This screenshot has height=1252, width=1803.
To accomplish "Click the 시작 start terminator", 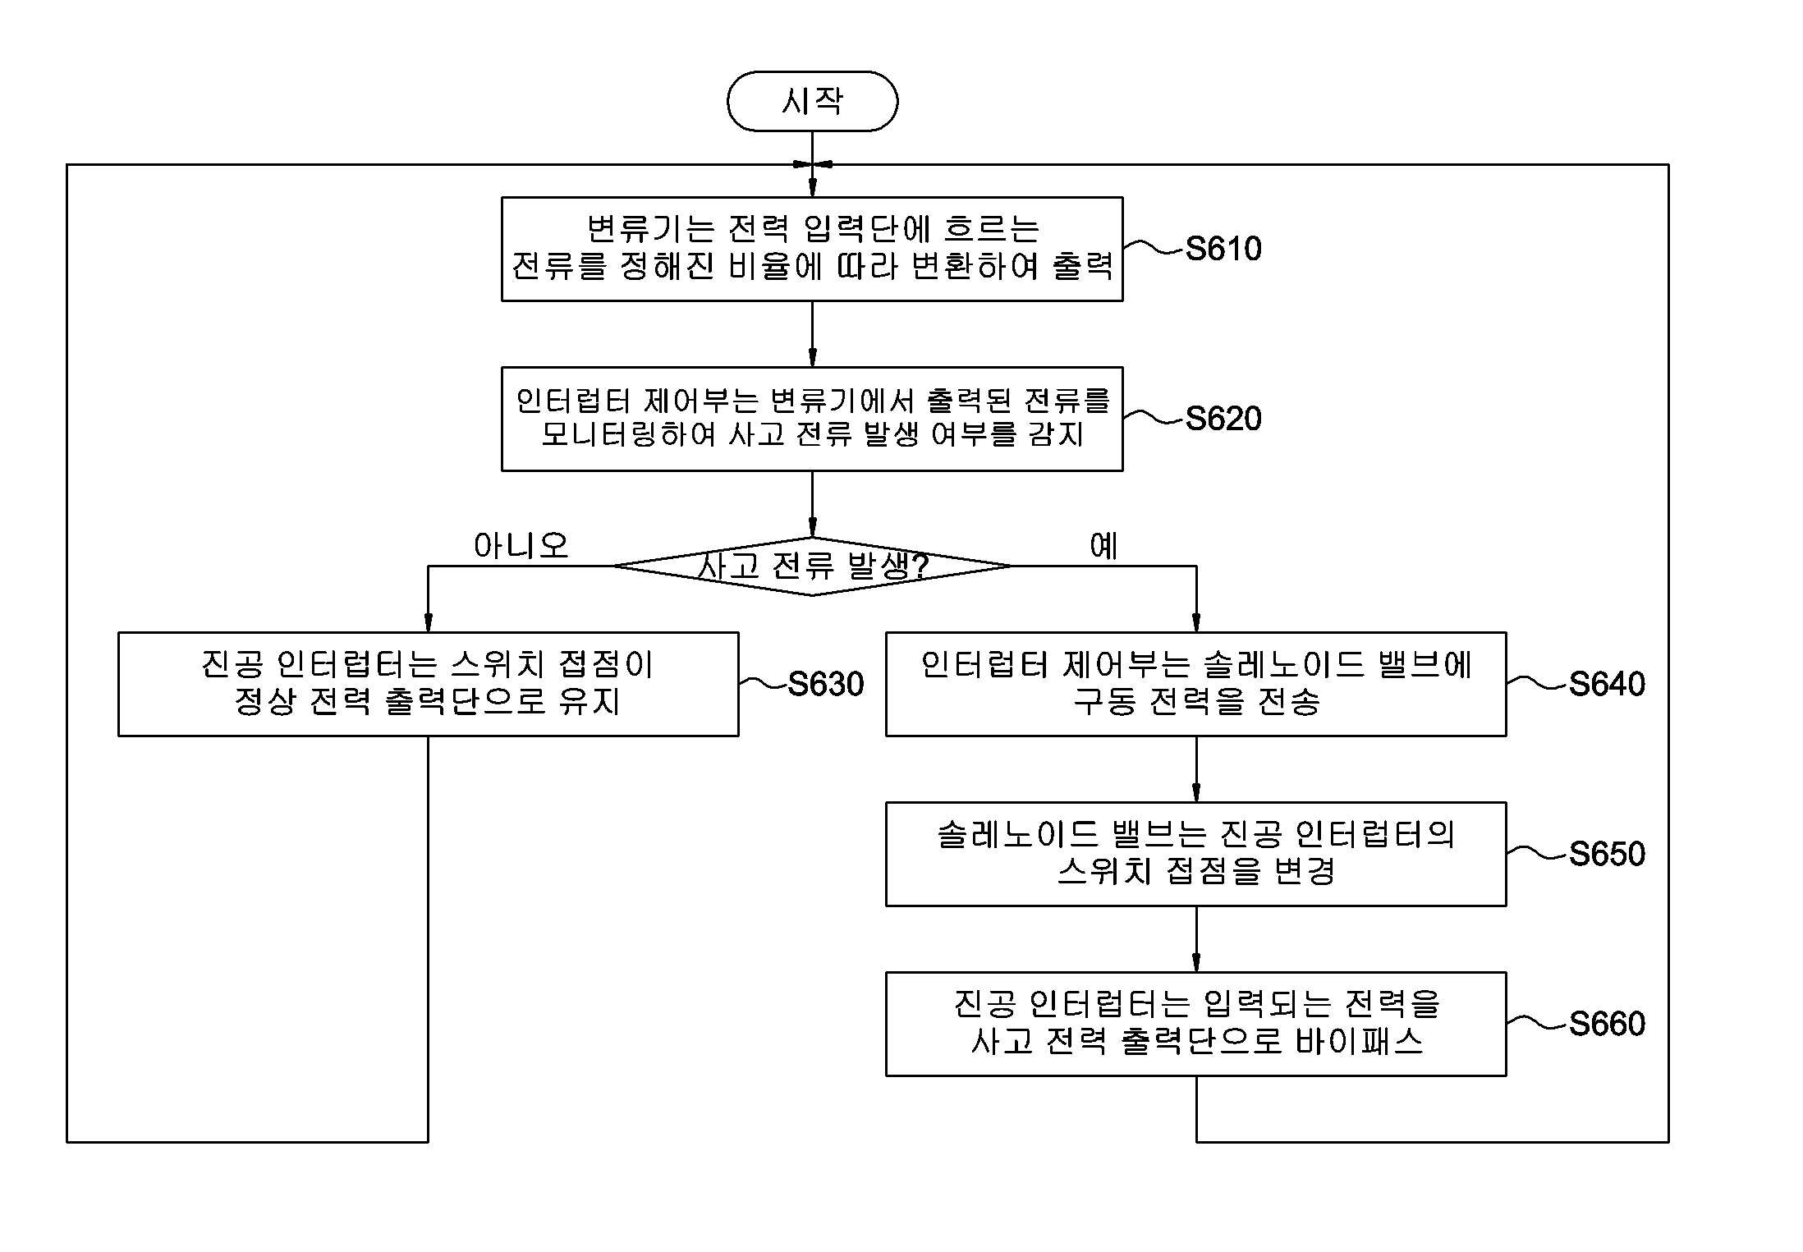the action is click(x=812, y=101).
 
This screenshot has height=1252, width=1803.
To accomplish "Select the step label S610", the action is click(x=1223, y=249).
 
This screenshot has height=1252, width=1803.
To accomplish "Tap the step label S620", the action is click(x=1223, y=419).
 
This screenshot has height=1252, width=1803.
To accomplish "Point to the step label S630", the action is click(x=826, y=684).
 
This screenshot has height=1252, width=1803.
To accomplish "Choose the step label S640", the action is click(x=1607, y=684).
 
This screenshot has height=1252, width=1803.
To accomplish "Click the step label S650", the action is click(x=1607, y=854).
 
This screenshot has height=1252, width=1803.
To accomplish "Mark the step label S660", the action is click(x=1607, y=1024).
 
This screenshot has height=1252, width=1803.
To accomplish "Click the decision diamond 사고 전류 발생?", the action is click(x=812, y=566).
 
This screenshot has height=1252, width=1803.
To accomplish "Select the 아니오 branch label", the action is click(x=521, y=545).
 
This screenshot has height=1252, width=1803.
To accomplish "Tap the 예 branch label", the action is click(x=1104, y=545).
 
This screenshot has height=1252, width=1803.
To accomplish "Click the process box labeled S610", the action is click(x=812, y=249).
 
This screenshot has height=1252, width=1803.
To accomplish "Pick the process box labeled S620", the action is click(x=812, y=419).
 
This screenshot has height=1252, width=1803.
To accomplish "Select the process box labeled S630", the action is click(x=429, y=684).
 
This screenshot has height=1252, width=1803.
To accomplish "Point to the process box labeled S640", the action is click(x=1196, y=684).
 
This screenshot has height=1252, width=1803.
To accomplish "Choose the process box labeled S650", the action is click(x=1196, y=854).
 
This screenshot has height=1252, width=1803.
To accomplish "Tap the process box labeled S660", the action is click(x=1196, y=1024).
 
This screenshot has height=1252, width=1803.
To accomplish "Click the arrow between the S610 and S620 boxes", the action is click(x=812, y=334).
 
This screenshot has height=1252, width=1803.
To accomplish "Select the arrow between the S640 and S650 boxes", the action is click(x=1196, y=769).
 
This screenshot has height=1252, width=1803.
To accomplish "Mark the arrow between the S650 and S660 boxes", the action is click(x=1196, y=939).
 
